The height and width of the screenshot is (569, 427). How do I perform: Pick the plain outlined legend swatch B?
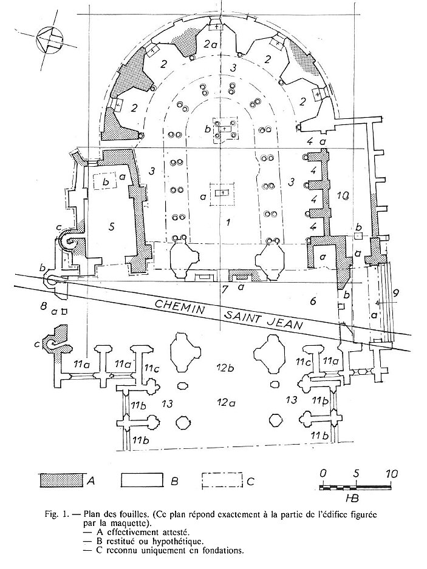pos(143,480)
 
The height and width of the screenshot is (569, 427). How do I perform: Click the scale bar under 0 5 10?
pos(356,487)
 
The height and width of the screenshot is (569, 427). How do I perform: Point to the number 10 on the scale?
pos(389,474)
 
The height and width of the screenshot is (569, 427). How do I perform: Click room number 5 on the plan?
pos(112,226)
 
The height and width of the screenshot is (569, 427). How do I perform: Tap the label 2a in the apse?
pos(210,44)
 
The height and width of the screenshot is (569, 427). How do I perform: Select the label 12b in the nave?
pos(225,368)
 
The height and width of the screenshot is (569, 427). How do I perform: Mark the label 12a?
pos(224,402)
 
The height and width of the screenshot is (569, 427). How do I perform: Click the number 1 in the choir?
pos(228,222)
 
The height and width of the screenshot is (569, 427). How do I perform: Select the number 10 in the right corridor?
pos(343,196)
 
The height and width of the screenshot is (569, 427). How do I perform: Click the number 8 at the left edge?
pos(44,306)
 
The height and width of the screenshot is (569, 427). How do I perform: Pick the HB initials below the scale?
pos(352,498)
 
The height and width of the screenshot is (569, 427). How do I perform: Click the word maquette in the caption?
pos(123,524)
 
